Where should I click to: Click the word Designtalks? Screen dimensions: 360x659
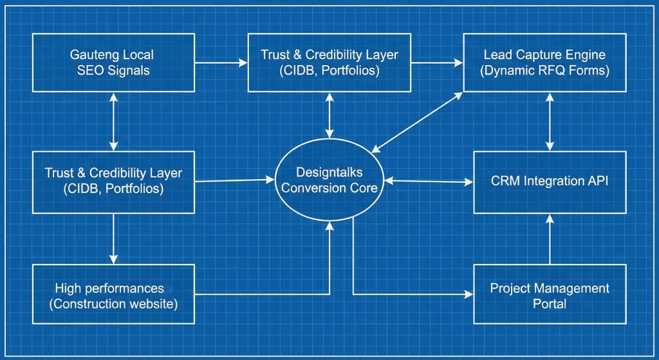330,173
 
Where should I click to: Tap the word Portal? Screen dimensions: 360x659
550,303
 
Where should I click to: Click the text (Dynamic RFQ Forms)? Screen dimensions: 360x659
544,71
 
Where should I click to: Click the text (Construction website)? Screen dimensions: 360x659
113,303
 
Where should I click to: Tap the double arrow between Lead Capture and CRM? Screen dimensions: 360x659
550,121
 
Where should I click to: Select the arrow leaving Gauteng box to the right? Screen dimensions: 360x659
221,62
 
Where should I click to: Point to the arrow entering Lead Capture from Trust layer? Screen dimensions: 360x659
438,62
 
